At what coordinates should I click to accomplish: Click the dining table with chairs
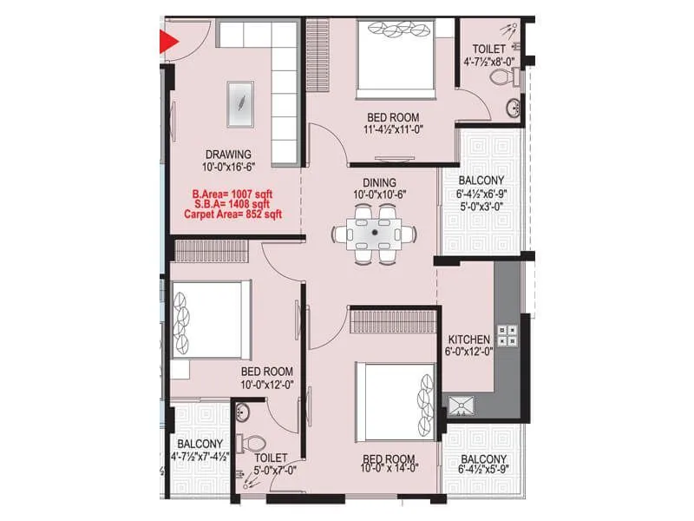pos(374,233)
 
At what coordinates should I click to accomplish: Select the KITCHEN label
pos(469,339)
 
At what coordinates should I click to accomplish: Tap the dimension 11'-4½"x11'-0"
pos(392,130)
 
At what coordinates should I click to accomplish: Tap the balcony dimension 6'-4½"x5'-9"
pos(485,472)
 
